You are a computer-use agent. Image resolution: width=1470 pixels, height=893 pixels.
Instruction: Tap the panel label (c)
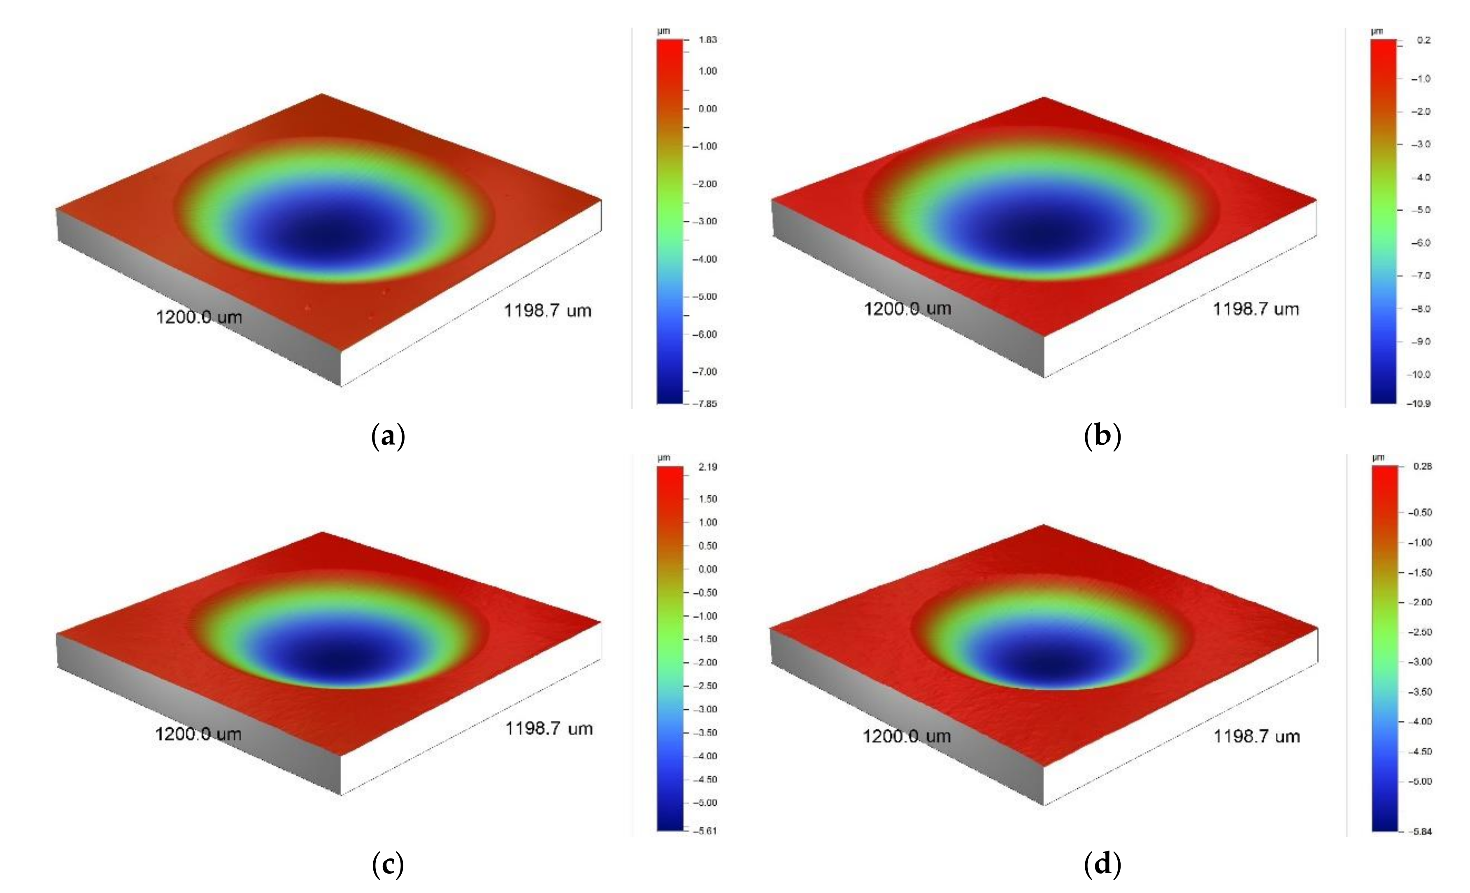tap(388, 864)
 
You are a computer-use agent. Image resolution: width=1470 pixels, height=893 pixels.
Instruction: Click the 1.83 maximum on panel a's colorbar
tap(707, 40)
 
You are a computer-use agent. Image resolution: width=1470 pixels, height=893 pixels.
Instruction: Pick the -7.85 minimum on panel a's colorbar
tap(706, 404)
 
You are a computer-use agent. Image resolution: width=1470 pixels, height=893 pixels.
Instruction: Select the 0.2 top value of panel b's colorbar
tap(1424, 41)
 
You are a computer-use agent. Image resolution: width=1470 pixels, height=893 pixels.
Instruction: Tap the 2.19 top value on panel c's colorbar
tap(707, 467)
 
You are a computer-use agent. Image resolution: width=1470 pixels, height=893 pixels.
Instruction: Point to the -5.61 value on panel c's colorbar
tap(706, 830)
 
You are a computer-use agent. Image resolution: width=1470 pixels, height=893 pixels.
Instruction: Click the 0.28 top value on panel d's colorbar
tap(1423, 466)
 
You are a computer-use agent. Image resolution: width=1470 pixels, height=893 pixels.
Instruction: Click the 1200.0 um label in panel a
tap(199, 316)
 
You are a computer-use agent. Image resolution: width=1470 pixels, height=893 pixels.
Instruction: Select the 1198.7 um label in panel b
tap(1256, 309)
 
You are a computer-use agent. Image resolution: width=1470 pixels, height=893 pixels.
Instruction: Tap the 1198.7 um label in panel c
tap(549, 728)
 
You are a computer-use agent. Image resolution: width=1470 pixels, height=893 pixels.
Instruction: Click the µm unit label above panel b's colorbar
tap(1377, 31)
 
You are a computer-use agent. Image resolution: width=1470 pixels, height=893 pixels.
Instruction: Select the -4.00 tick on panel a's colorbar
tap(706, 259)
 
